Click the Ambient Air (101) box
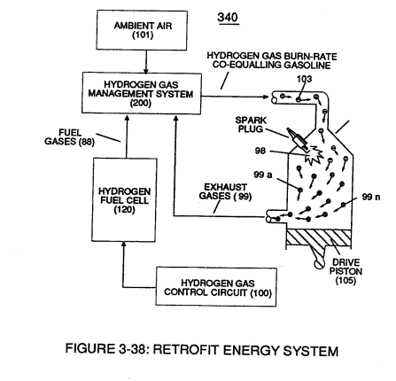pos(142,30)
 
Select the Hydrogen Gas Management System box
pos(142,93)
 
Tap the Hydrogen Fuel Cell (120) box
pos(124,200)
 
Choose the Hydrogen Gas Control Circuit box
pos(216,287)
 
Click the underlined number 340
pos(228,18)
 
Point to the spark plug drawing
pos(298,138)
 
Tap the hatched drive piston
pos(319,237)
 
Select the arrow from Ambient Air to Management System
pos(145,62)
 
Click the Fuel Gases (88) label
pos(69,137)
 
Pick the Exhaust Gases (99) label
pos(225,191)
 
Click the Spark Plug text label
pos(251,125)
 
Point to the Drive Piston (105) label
pos(346,271)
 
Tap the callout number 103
pos(304,79)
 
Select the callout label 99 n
pos(371,197)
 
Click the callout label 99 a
pos(263,175)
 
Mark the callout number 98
pos(260,151)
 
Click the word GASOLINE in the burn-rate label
pos(307,65)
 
